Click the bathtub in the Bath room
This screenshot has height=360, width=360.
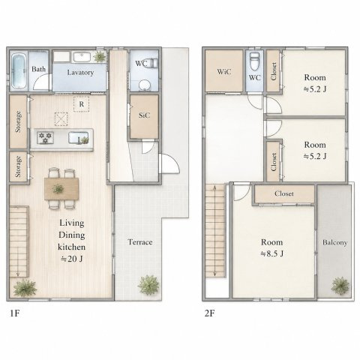pos(19,70)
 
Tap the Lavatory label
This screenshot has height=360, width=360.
pos(80,73)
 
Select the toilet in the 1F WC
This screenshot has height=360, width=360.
pos(151,63)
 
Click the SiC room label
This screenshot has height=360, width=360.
pos(144,115)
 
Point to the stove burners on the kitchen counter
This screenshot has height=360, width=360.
pos(45,138)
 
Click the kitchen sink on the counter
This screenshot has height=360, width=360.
pos(78,138)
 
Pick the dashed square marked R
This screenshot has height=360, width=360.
pos(82,104)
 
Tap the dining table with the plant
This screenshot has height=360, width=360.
pos(61,189)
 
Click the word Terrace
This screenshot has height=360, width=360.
pos(140,242)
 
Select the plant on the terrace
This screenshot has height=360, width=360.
pos(148,285)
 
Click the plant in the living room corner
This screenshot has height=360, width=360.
pos(25,288)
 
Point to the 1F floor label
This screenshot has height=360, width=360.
pos(15,313)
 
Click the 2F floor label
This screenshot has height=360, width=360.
pos(209,313)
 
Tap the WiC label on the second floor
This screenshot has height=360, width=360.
pos(223,72)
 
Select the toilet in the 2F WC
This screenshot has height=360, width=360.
pos(254,61)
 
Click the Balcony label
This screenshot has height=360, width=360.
pos(334,242)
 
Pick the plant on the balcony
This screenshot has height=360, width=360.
pos(340,286)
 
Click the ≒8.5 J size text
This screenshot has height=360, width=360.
pos(271,254)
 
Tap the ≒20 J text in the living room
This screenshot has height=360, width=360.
pos(71,259)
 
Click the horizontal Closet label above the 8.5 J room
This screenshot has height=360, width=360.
pos(284,193)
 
